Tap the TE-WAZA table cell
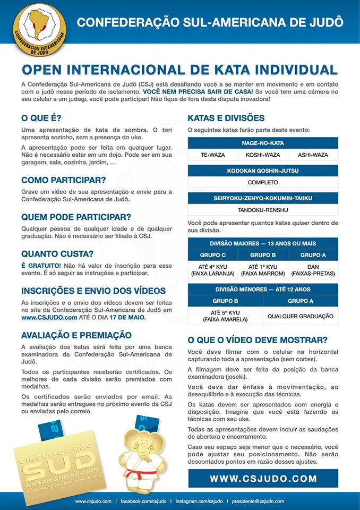click(212, 155)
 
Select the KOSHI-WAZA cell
click(263, 155)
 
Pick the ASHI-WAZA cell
click(313, 155)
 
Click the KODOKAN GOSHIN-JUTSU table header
click(263, 171)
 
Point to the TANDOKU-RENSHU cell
click(263, 210)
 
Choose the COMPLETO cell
click(263, 182)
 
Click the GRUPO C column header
click(212, 255)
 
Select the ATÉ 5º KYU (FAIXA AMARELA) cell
click(225, 316)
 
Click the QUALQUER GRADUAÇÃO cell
click(301, 316)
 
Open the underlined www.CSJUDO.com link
click(49, 317)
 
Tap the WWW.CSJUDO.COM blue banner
click(263, 478)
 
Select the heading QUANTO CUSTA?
click(57, 253)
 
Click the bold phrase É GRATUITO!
click(41, 265)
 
